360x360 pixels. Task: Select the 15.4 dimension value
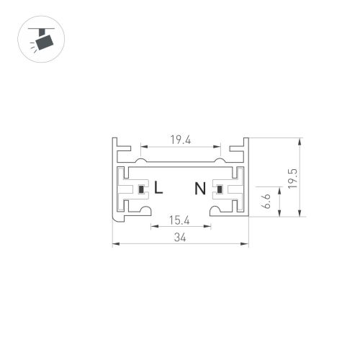pyautogui.click(x=179, y=219)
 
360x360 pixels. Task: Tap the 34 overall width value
pyautogui.click(x=179, y=238)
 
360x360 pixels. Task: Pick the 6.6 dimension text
pyautogui.click(x=265, y=199)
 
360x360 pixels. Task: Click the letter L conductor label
pyautogui.click(x=159, y=189)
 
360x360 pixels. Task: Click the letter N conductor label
pyautogui.click(x=200, y=189)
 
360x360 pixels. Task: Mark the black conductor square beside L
pyautogui.click(x=143, y=190)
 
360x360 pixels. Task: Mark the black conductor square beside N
pyautogui.click(x=217, y=190)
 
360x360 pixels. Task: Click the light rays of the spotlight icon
pyautogui.click(x=32, y=47)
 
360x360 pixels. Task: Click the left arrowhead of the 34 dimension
pyautogui.click(x=115, y=244)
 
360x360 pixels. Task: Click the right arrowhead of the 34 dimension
pyautogui.click(x=245, y=244)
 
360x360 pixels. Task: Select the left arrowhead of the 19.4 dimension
pyautogui.click(x=143, y=147)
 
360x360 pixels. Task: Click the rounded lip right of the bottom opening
pyautogui.click(x=213, y=210)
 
